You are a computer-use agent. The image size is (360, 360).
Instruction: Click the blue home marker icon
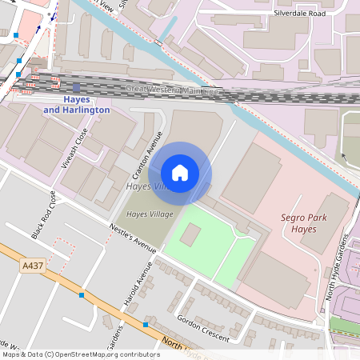point(180,173)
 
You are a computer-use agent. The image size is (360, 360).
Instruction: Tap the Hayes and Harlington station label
point(76,104)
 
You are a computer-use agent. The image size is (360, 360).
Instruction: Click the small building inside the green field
point(190,234)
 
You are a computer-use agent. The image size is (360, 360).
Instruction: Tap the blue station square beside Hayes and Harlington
point(76,88)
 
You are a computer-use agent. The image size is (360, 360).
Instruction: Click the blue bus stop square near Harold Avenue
point(145,325)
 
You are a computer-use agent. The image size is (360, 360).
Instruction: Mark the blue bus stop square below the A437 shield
point(81,295)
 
